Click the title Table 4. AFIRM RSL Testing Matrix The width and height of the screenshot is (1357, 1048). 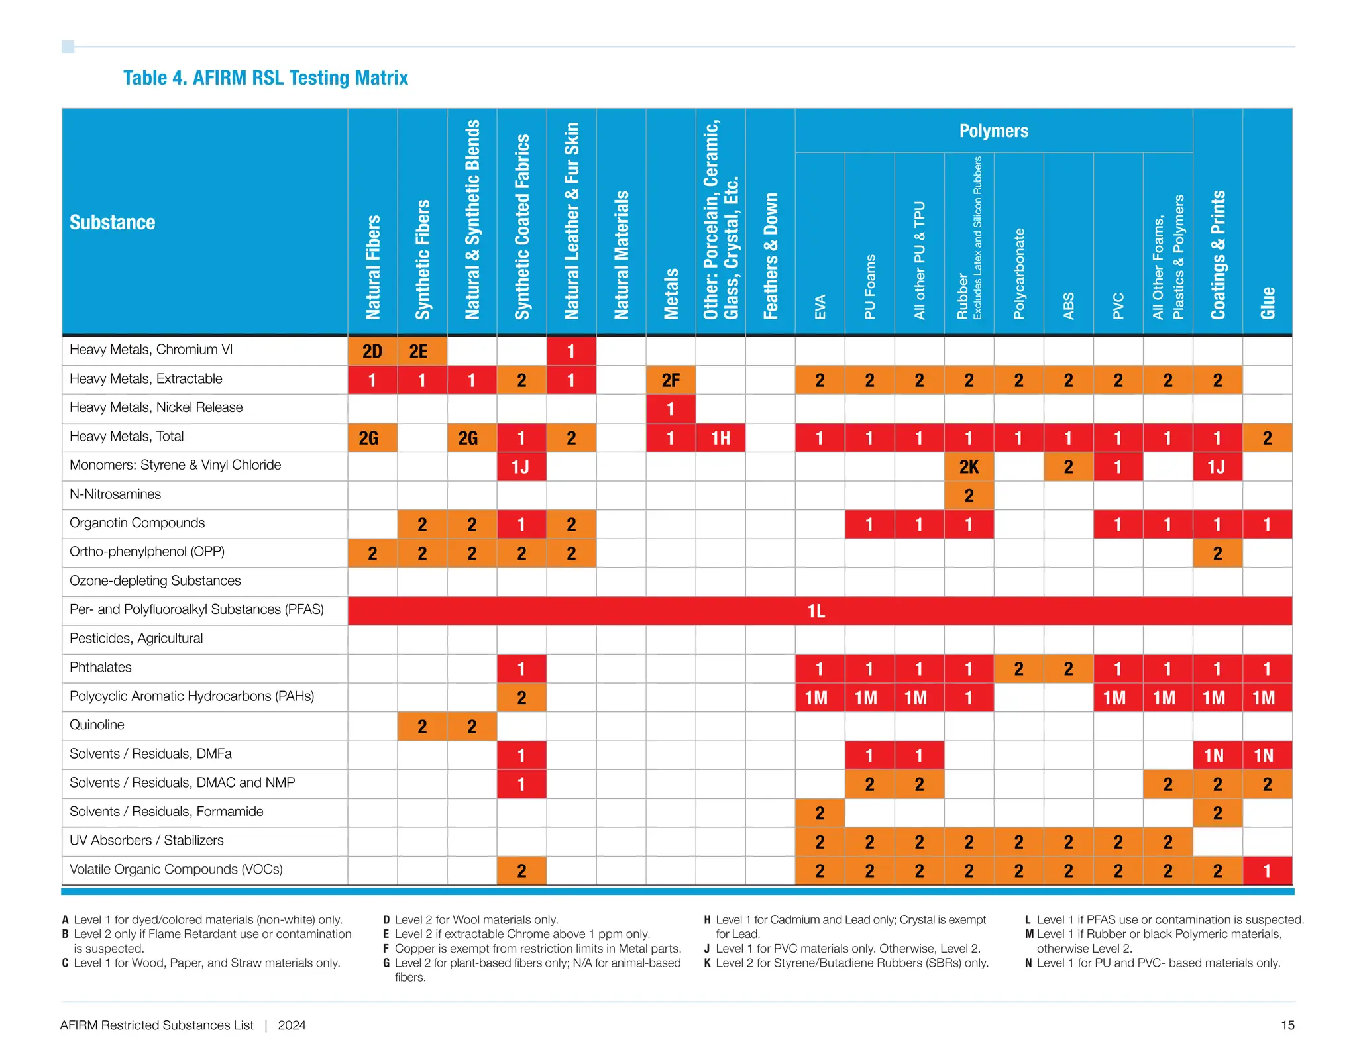pos(265,78)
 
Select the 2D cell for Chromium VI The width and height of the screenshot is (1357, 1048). pos(372,351)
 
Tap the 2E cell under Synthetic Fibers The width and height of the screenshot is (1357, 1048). pos(422,351)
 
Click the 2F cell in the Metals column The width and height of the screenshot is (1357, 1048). pos(671,380)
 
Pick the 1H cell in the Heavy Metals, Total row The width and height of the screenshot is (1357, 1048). pos(720,438)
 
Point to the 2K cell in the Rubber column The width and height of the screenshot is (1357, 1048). pos(969,467)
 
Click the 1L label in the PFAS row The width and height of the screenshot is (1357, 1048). pos(816,611)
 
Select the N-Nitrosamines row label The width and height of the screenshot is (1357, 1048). pos(115,494)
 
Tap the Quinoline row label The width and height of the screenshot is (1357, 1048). pos(97,725)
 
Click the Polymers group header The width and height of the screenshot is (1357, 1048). pos(994,131)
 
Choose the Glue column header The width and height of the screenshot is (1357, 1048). pos(1268,303)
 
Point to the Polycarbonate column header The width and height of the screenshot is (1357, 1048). pos(1019,273)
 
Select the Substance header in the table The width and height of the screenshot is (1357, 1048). pos(113,222)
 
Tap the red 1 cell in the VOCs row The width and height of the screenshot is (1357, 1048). pos(1267,870)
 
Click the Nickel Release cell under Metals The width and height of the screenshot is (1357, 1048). pos(671,409)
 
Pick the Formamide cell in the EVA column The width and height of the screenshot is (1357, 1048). pos(820,813)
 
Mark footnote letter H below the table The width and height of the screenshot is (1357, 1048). pos(707,919)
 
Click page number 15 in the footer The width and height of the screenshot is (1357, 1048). pos(1287,1025)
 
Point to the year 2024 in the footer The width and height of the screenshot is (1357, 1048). pos(292,1025)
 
